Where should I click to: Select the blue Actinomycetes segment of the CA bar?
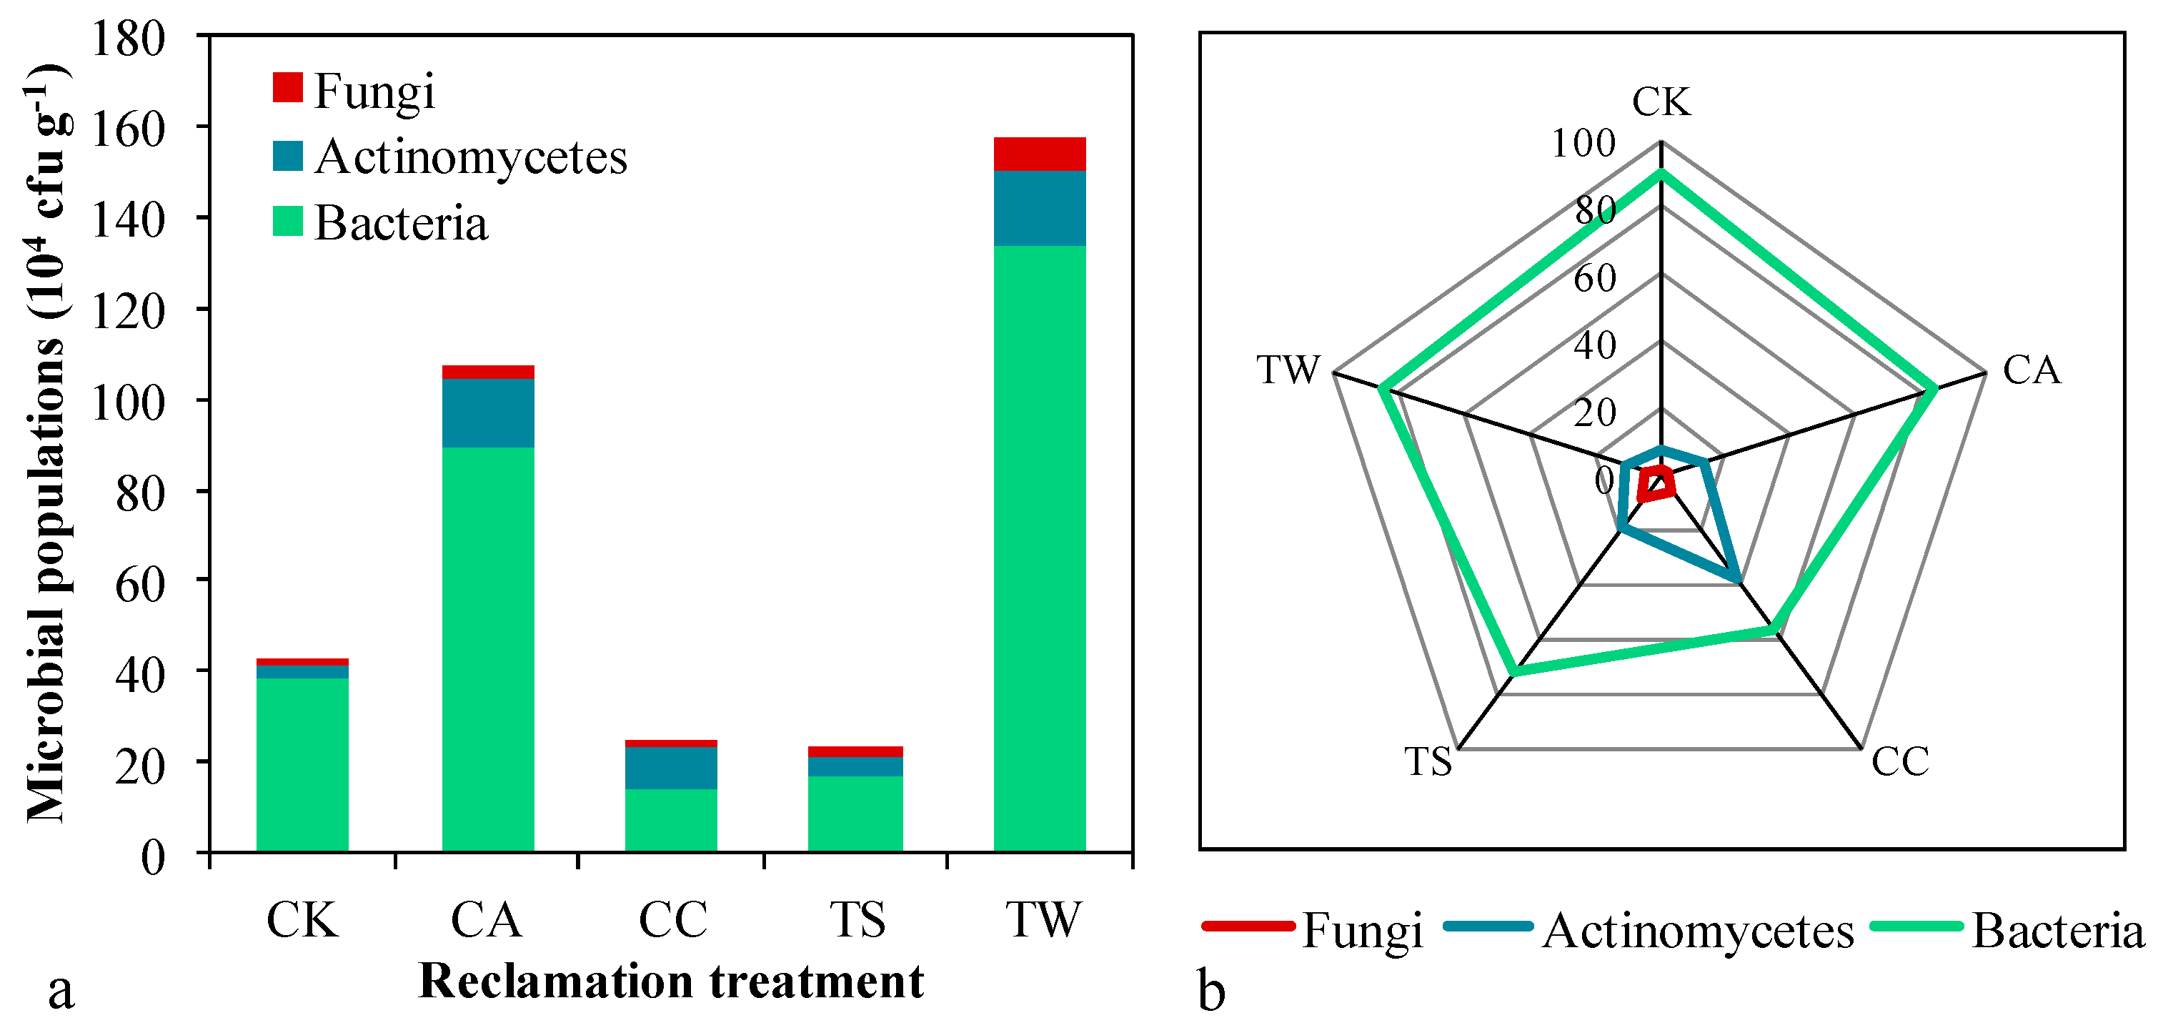(487, 412)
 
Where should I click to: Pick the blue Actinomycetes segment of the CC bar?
(671, 768)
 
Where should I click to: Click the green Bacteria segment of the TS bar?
(855, 814)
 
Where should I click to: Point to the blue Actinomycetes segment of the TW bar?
(1040, 208)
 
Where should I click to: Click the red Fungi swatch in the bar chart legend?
(287, 88)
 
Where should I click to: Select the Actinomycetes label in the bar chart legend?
(471, 157)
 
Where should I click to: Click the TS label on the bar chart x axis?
(857, 919)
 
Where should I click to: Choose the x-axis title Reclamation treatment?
(670, 980)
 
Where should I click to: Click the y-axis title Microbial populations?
(46, 444)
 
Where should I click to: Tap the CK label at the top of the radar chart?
(1661, 102)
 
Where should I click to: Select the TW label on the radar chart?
(1288, 370)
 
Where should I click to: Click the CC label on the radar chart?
(1900, 761)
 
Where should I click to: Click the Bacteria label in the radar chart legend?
(2057, 930)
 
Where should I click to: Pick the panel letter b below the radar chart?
(1211, 990)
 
